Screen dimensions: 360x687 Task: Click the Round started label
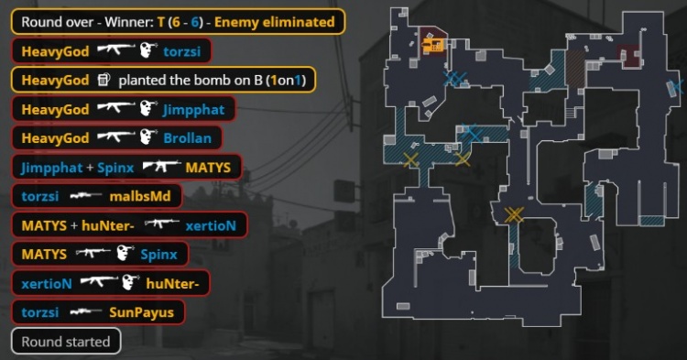pyautogui.click(x=66, y=342)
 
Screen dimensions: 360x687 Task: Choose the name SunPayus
pyautogui.click(x=141, y=312)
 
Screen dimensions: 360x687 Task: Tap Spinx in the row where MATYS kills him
pyautogui.click(x=159, y=254)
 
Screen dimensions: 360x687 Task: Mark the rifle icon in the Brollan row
pyautogui.click(x=115, y=138)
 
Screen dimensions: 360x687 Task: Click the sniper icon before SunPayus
pyautogui.click(x=84, y=312)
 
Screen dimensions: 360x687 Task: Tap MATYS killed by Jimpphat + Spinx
pyautogui.click(x=213, y=167)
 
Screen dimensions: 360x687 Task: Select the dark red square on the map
pyautogui.click(x=629, y=54)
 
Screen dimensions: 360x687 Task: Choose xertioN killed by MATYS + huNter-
pyautogui.click(x=211, y=224)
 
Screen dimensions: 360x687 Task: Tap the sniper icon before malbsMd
pyautogui.click(x=85, y=195)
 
